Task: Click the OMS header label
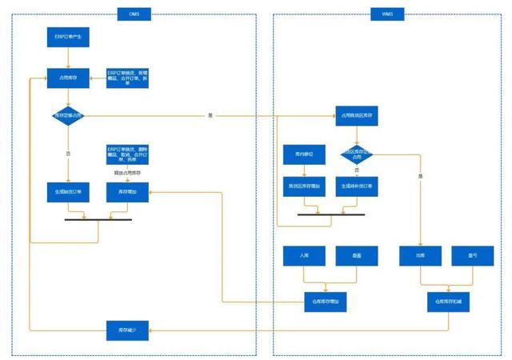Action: coord(132,14)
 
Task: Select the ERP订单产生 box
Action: coord(68,37)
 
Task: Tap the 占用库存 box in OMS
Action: coord(68,77)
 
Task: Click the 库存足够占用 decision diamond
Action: coord(68,117)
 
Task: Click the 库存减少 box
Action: coord(127,330)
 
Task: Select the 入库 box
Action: coord(304,256)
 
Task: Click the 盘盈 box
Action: coord(356,256)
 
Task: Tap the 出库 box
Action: coord(422,256)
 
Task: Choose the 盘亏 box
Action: coord(473,256)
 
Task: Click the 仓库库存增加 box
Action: coord(326,302)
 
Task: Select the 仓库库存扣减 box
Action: coord(447,302)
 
